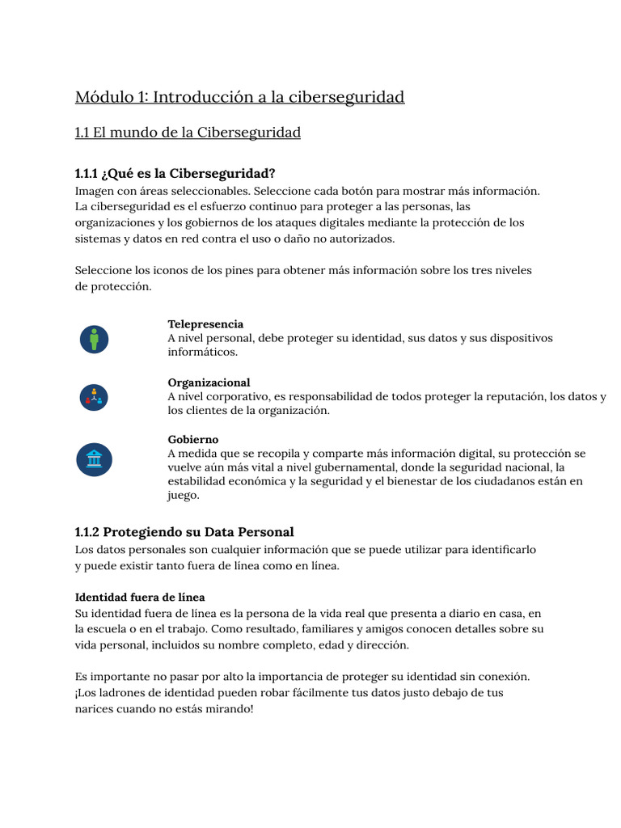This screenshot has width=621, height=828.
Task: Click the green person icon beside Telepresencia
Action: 94,338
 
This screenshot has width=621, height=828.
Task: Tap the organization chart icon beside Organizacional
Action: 94,397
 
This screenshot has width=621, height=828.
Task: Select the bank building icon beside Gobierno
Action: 94,459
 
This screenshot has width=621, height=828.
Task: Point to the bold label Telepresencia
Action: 205,324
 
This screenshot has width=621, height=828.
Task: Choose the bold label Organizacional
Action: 209,382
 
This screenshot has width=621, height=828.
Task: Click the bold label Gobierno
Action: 193,440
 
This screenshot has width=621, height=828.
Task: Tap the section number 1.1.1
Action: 87,174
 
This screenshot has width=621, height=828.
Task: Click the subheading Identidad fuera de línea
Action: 140,598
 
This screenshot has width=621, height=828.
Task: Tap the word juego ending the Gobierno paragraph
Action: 184,496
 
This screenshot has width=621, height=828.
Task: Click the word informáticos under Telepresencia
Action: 202,353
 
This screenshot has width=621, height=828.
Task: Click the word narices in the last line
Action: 95,710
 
